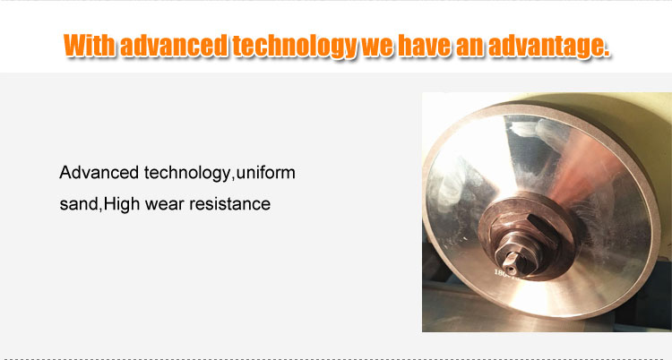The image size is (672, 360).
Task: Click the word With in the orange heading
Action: tap(89, 45)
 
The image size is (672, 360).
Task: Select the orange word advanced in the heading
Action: tap(174, 45)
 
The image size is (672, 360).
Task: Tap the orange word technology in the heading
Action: tap(295, 47)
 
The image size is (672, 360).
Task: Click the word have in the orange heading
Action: tap(425, 45)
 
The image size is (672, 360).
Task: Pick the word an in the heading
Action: tap(470, 47)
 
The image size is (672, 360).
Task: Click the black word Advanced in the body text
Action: tap(99, 173)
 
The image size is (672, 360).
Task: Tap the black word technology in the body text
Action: tap(187, 174)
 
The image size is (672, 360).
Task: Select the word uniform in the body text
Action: tap(266, 173)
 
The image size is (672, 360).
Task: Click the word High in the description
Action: tap(122, 205)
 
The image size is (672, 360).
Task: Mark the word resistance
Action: tap(229, 204)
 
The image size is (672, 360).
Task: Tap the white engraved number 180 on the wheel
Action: tap(501, 273)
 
